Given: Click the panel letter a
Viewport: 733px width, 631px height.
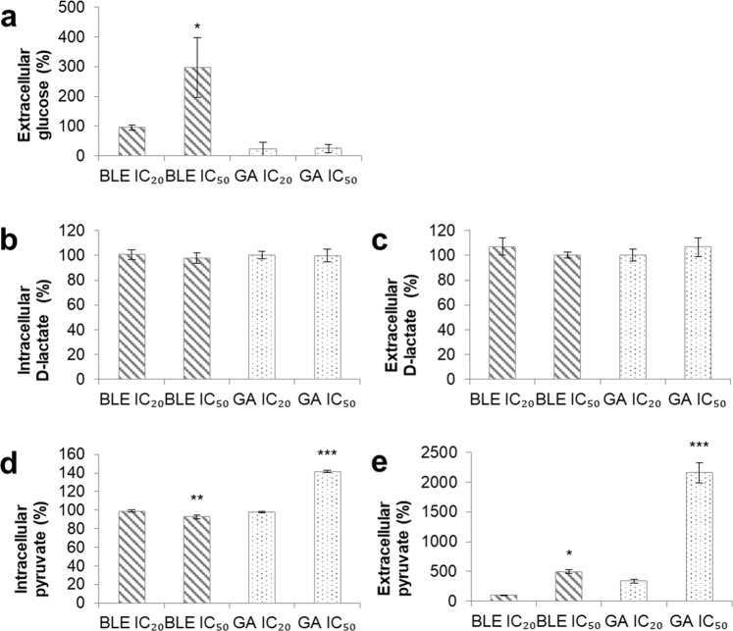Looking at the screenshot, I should tap(14, 17).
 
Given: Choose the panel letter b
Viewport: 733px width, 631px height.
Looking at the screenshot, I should tap(14, 239).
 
